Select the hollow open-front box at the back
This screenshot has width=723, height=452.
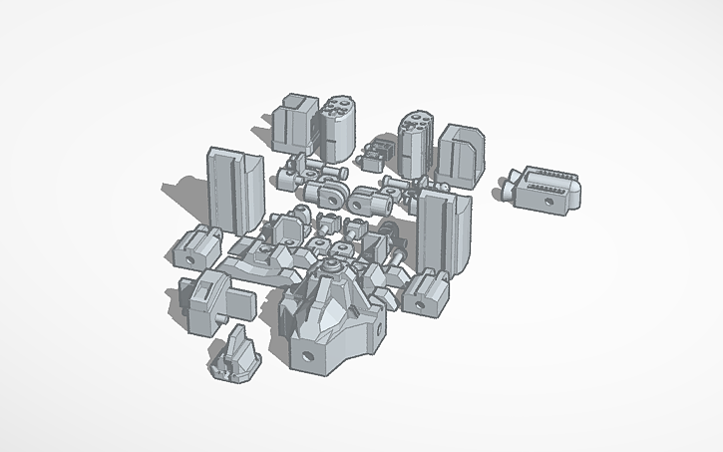tap(295, 125)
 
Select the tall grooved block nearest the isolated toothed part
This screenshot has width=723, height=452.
tap(444, 229)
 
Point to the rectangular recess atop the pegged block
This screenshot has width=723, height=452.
tap(203, 284)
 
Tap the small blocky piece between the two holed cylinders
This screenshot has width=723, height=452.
tap(374, 153)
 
